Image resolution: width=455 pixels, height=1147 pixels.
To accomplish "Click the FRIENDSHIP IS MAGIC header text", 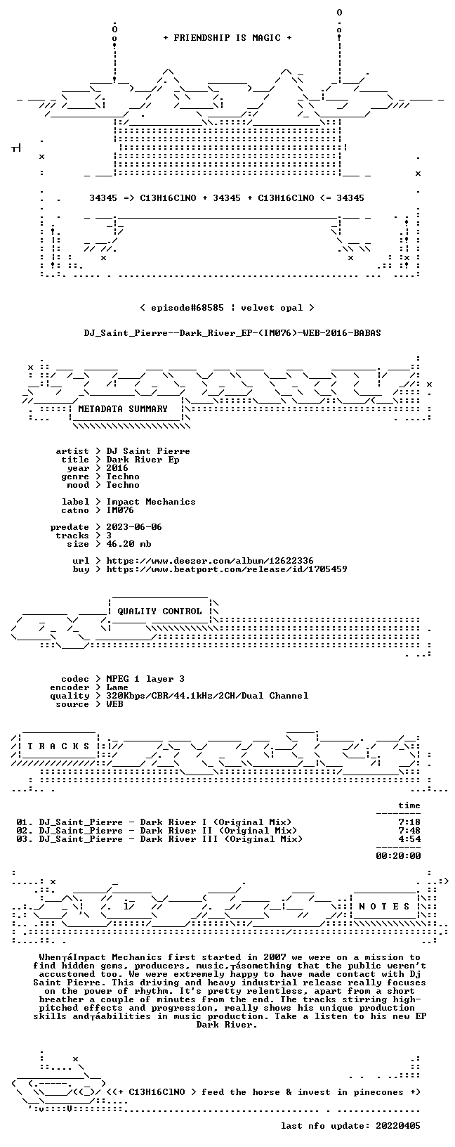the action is point(227,38).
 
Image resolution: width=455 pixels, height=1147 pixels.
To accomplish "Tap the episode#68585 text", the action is point(187,308).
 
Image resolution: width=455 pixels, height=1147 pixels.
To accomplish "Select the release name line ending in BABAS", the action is point(232,333).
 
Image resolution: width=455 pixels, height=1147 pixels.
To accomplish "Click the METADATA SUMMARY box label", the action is point(123,408).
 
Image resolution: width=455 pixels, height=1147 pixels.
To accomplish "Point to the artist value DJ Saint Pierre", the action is point(148,451).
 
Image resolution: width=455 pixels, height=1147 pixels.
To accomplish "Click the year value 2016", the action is point(117,468).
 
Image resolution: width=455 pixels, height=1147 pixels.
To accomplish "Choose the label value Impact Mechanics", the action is point(150,502).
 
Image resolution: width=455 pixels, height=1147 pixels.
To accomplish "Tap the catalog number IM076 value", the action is point(120,510).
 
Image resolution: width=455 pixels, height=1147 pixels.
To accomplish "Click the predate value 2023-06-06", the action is point(134,527).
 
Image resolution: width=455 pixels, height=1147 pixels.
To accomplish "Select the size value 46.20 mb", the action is point(128,544).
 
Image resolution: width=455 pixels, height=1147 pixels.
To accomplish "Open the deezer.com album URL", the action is point(210,561).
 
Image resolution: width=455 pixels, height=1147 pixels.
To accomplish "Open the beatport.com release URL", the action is point(227,569).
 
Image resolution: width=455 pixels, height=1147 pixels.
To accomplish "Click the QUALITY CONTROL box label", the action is point(159,611).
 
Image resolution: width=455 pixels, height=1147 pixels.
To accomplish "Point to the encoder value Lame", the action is point(117,687).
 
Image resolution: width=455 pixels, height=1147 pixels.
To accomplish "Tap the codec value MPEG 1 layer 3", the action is point(145,679).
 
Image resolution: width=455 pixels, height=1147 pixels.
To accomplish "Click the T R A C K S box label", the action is point(58,746).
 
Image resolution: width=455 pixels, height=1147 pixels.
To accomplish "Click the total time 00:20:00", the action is point(398,855).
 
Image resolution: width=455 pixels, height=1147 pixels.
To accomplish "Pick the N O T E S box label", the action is point(384,907).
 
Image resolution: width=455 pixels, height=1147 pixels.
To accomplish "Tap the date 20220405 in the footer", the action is point(398,1125).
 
